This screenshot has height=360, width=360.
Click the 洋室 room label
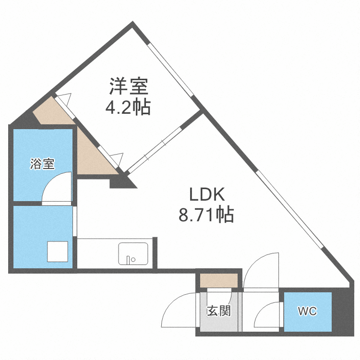[x=128, y=86]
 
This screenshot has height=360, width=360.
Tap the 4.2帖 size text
[x=128, y=107]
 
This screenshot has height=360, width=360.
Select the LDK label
[x=207, y=194]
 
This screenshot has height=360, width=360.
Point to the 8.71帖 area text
[x=206, y=215]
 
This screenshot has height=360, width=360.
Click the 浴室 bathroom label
[x=42, y=164]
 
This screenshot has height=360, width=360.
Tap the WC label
[x=307, y=312]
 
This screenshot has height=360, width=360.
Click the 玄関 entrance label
[x=219, y=311]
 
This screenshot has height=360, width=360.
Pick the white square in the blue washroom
[x=58, y=251]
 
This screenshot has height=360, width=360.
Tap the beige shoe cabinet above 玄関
[x=219, y=280]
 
